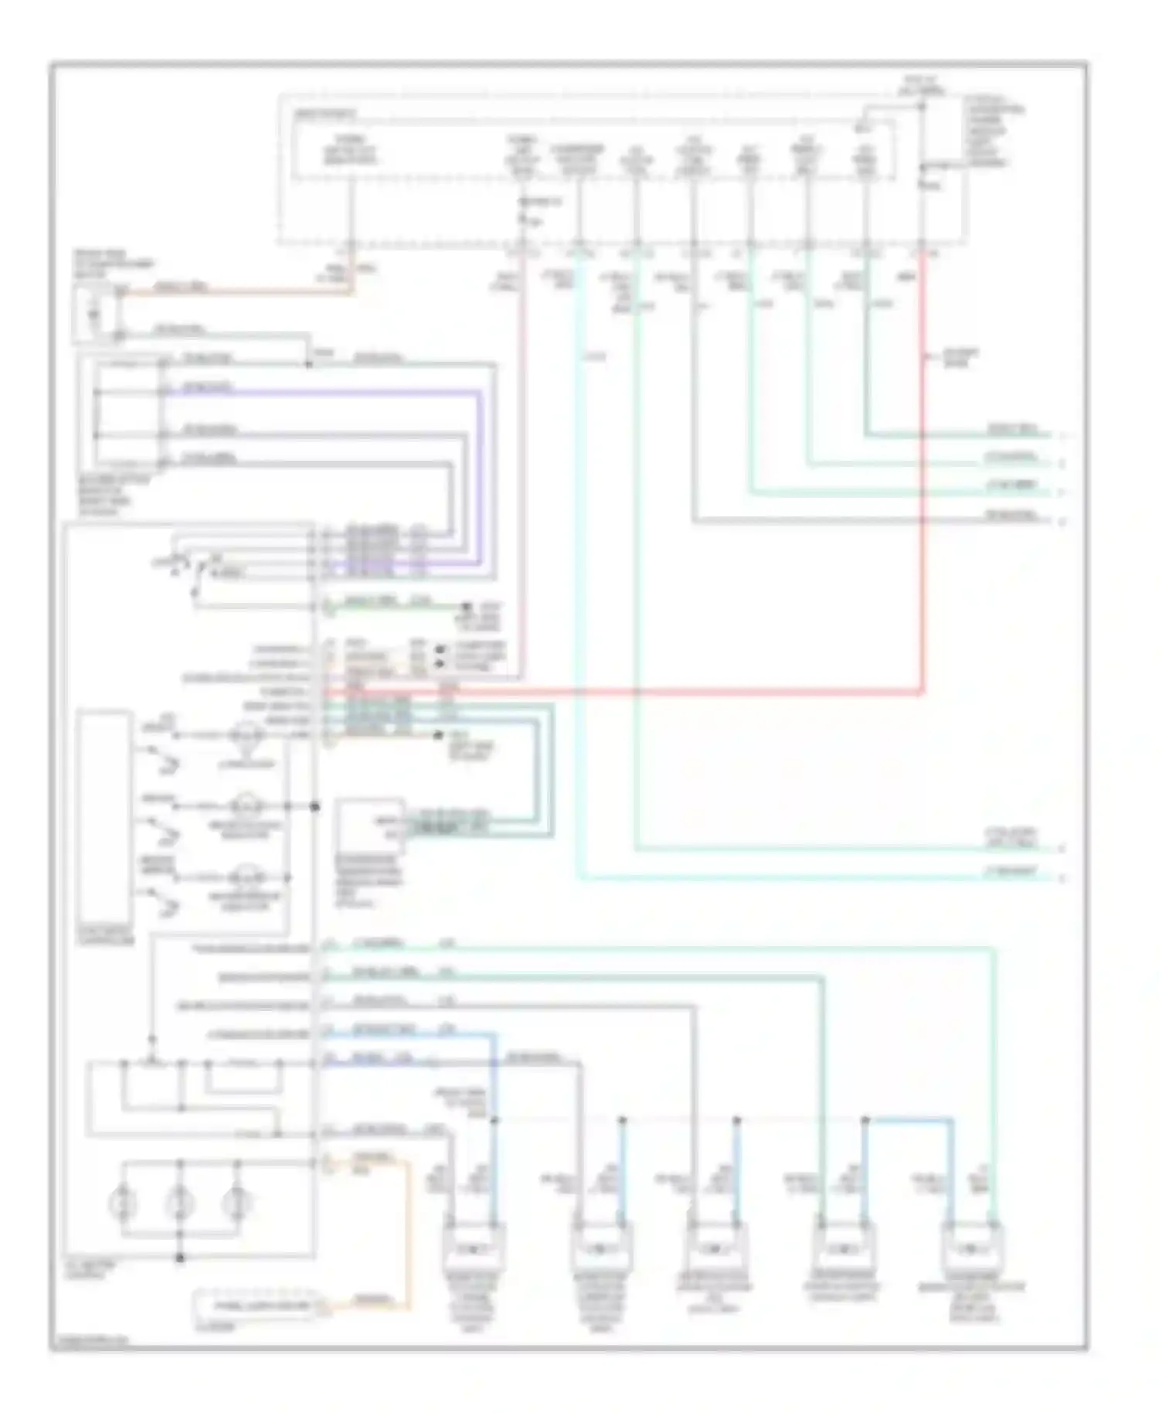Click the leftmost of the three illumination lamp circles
(x=124, y=1204)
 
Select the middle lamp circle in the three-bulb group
(x=179, y=1204)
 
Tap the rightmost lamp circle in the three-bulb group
(x=236, y=1204)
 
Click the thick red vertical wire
(x=922, y=502)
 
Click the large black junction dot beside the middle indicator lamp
(x=315, y=807)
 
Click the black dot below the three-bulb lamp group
(x=180, y=1258)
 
